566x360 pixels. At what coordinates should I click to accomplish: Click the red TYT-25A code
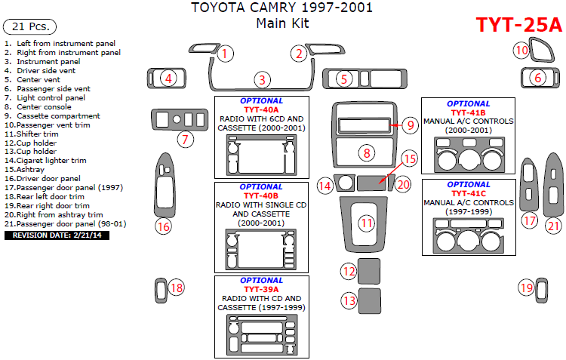(518, 25)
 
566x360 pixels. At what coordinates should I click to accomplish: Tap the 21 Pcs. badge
(29, 26)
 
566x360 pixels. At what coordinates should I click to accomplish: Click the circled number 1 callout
(226, 54)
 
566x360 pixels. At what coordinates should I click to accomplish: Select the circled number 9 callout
(409, 125)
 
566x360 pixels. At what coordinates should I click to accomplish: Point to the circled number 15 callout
(409, 158)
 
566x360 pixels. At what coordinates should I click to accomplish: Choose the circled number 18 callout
(176, 288)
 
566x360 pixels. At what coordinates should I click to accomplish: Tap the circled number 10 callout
(521, 51)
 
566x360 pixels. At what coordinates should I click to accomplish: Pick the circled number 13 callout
(349, 300)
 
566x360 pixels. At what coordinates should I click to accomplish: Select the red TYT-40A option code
(261, 109)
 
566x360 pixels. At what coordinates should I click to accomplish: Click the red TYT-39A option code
(261, 289)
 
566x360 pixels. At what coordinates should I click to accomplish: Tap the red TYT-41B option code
(468, 112)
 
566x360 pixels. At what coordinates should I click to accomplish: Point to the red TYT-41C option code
(468, 193)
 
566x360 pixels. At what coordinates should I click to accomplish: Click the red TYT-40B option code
(261, 195)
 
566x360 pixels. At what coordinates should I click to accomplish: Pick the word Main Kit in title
(283, 23)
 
